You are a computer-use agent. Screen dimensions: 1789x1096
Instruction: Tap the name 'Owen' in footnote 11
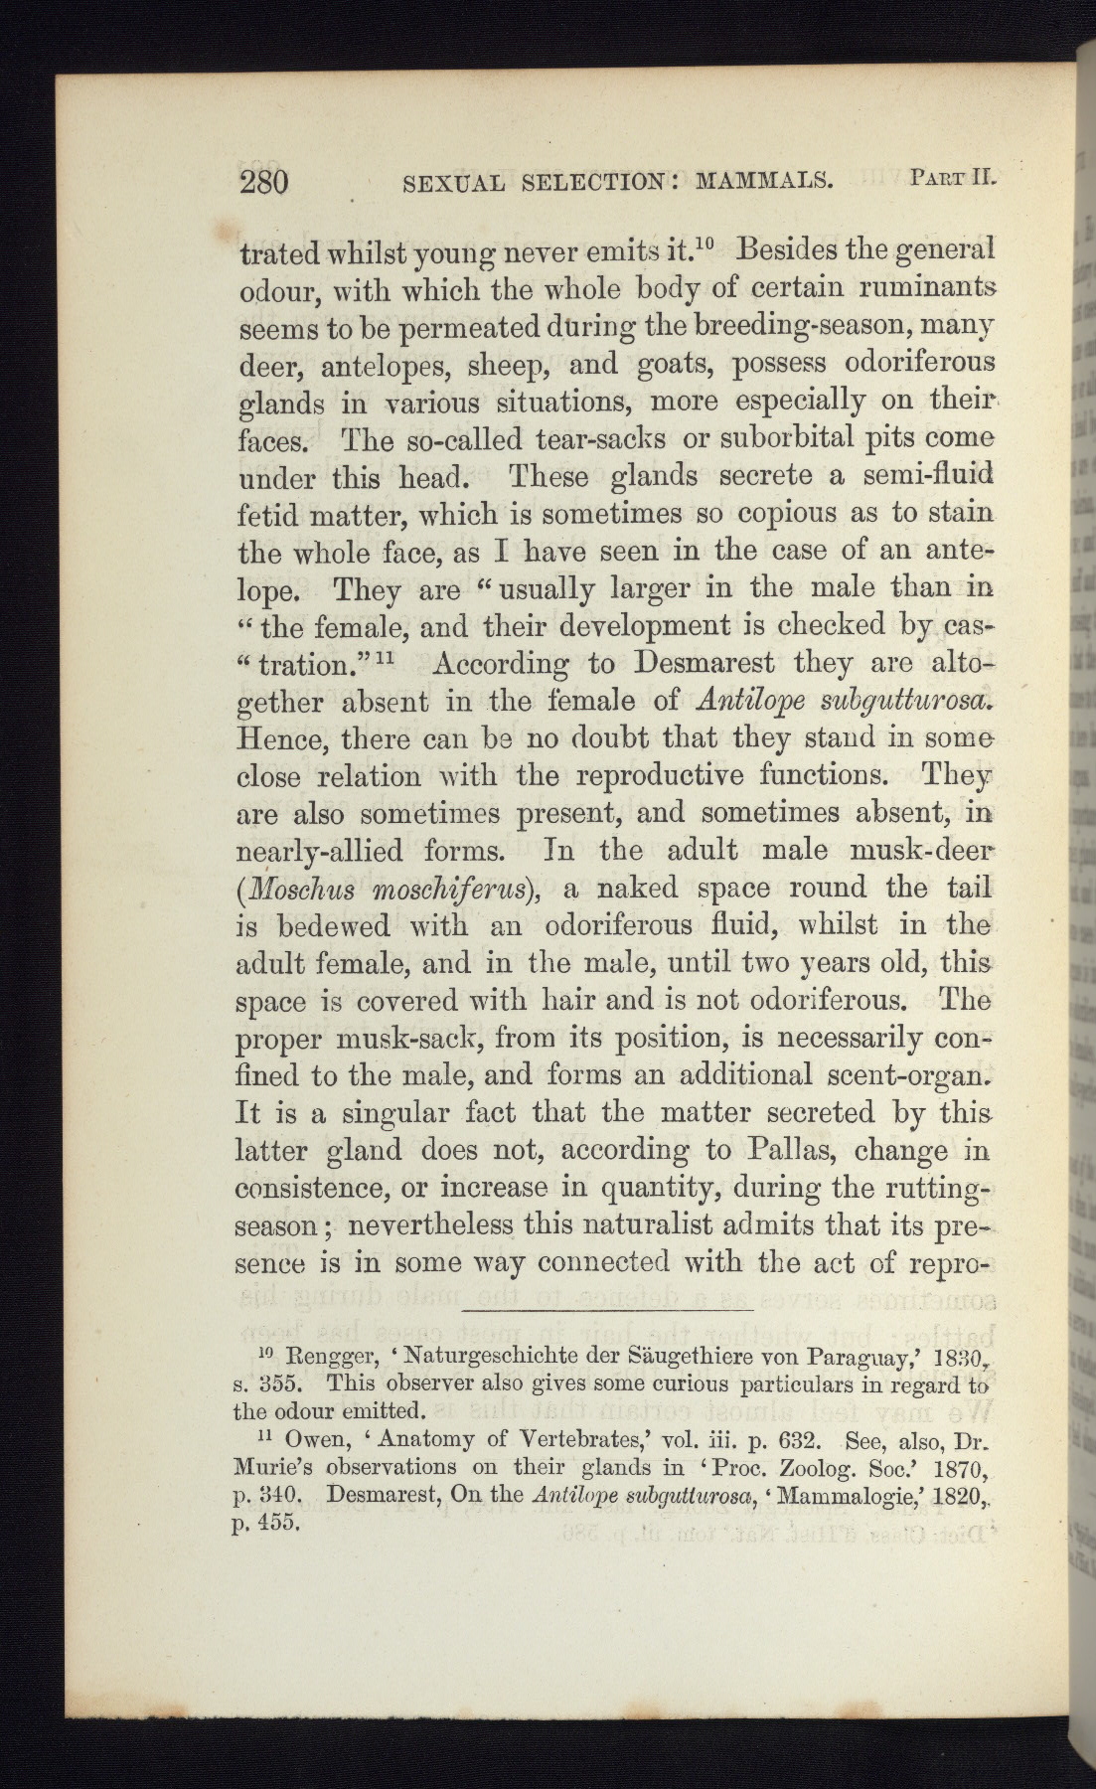point(312,1438)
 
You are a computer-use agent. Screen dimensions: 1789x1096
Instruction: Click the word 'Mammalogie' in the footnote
point(861,1494)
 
